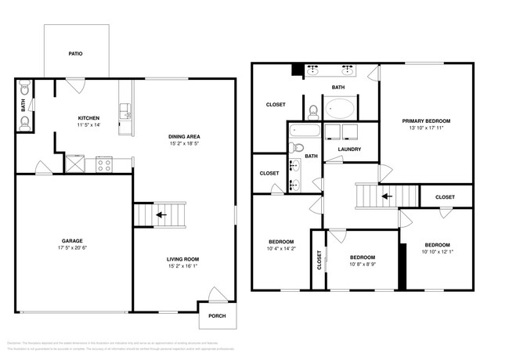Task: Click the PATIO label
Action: pos(75,54)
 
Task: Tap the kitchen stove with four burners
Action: pos(104,164)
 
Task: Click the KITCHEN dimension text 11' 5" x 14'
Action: pos(88,125)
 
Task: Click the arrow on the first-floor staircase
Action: pos(161,214)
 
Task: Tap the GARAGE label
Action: pos(72,241)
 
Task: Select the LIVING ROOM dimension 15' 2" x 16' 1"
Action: pos(184,267)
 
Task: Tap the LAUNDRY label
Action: pos(349,149)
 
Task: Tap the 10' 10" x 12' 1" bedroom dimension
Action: pos(437,250)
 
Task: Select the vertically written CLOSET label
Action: pos(319,260)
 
